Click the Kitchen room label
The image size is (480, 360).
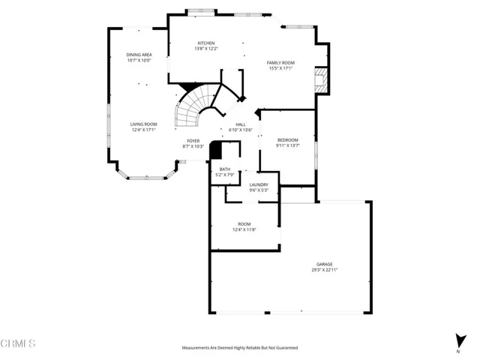coord(205,43)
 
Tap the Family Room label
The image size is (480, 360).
coord(280,63)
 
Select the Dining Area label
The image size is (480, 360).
coord(139,55)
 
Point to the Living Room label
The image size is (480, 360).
coord(143,124)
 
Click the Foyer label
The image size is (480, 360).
coord(193,140)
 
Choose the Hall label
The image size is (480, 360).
coord(241,124)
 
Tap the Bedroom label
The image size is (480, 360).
coord(288,140)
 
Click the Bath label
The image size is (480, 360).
coord(225,169)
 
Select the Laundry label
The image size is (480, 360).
coord(259,184)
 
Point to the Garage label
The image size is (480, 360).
coord(324,264)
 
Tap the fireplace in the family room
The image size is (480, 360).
coord(320,79)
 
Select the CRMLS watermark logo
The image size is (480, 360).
coord(18,343)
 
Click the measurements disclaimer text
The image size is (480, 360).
coord(239,348)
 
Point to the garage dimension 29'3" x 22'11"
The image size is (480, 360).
coord(324,269)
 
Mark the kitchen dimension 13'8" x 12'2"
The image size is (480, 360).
coord(205,49)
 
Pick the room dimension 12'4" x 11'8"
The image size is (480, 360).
coord(244,229)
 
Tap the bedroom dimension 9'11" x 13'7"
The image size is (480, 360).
coord(288,145)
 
